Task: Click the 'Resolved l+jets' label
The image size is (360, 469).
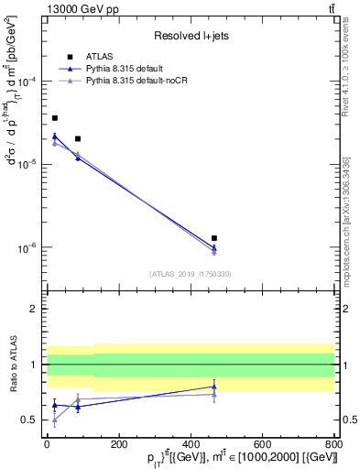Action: (x=191, y=36)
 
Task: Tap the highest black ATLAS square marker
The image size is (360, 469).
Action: (x=55, y=118)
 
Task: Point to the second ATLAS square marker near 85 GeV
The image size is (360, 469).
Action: (x=78, y=139)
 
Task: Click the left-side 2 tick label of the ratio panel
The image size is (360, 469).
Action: (x=33, y=309)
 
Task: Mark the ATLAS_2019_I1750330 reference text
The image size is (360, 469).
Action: (x=191, y=274)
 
